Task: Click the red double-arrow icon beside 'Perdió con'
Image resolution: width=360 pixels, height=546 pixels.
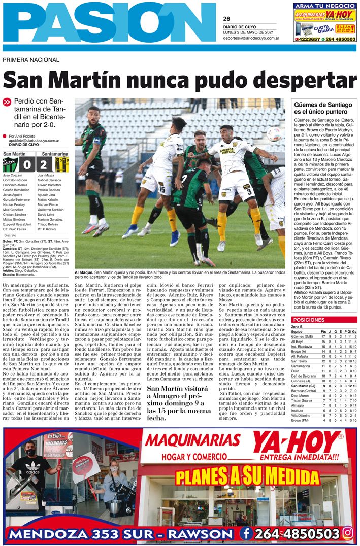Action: (7, 102)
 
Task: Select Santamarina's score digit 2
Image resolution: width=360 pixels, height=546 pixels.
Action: (44, 165)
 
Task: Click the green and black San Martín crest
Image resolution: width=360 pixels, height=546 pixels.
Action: (11, 165)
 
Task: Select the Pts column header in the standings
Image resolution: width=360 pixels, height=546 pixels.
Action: (323, 332)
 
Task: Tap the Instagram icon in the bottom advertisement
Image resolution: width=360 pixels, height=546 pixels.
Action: (348, 533)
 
